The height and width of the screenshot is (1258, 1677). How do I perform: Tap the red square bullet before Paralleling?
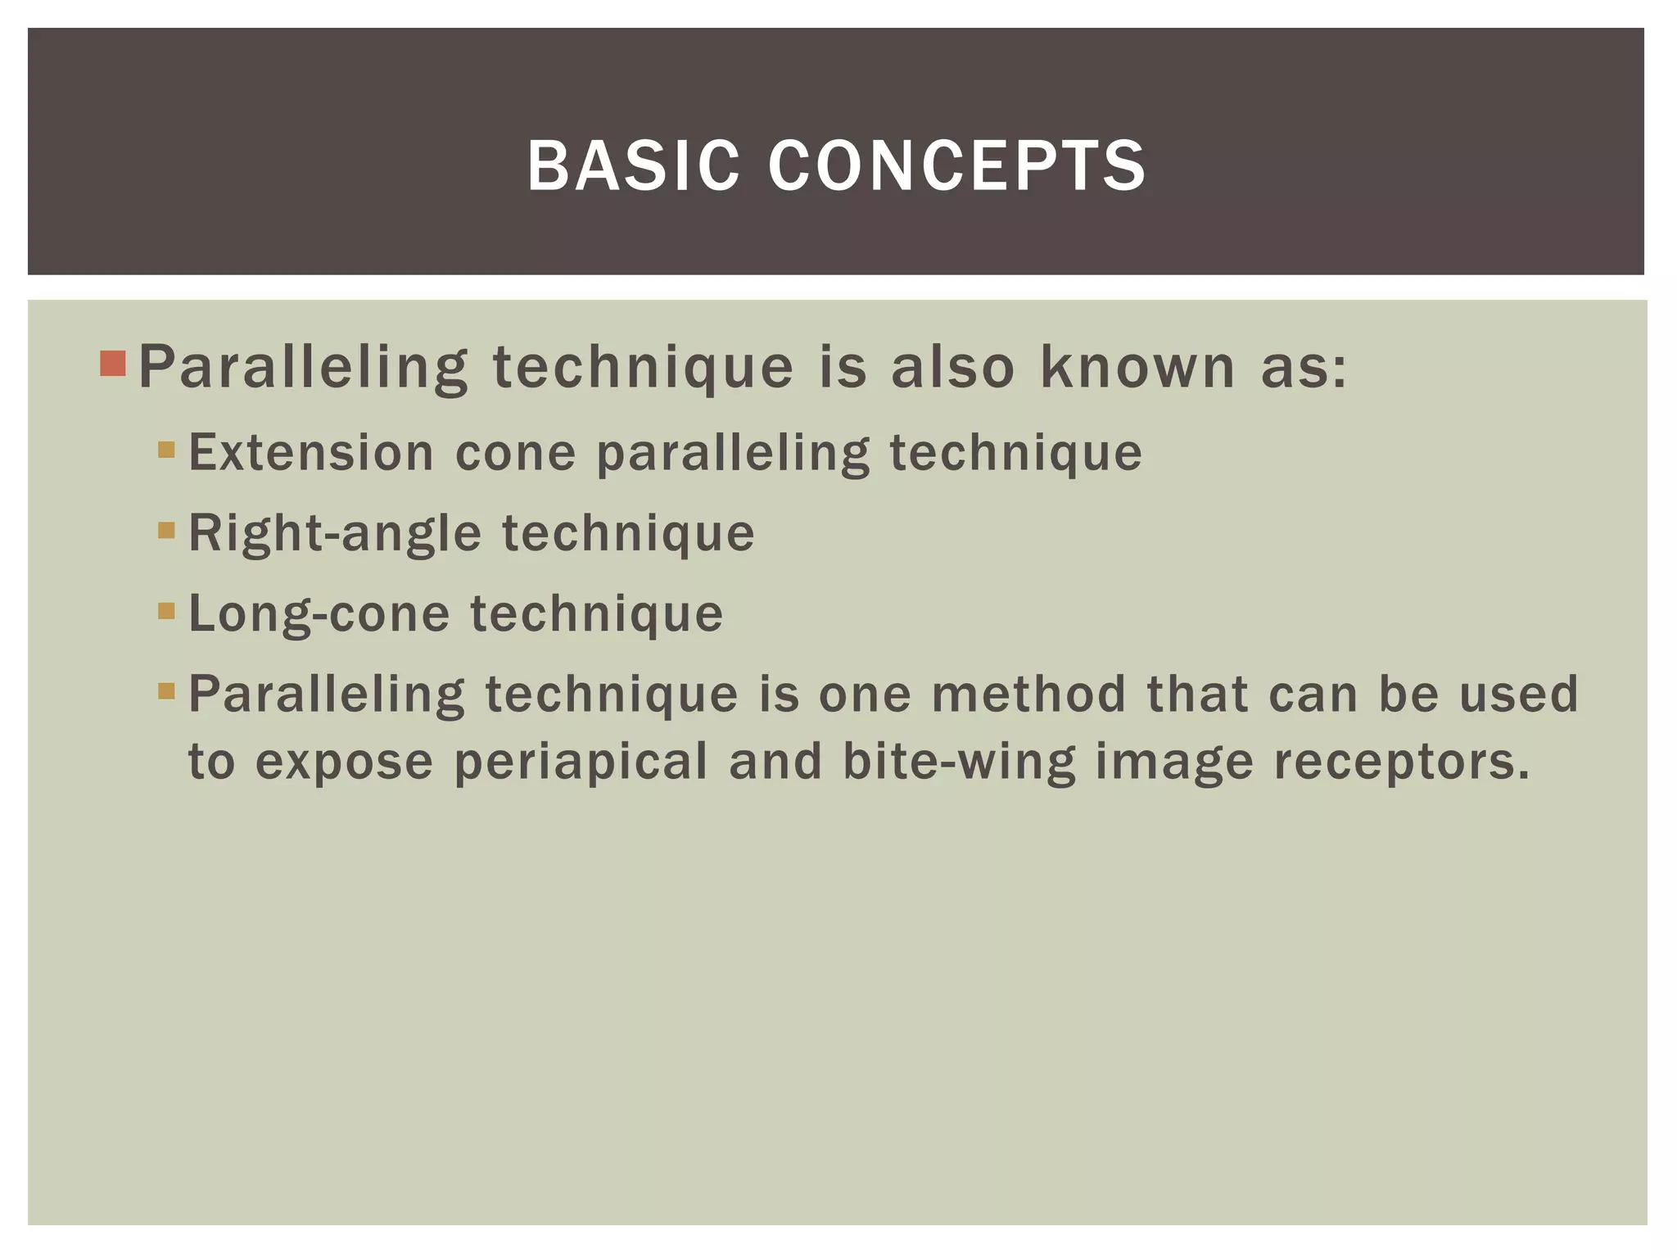coord(113,363)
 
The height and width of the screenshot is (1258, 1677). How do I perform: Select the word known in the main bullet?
coord(1137,366)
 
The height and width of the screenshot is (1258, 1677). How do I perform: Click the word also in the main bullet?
coord(952,366)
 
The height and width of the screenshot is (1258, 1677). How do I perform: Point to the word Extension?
coord(311,452)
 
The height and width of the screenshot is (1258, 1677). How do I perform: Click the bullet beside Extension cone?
coord(166,450)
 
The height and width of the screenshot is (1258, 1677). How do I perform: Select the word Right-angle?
coord(335,534)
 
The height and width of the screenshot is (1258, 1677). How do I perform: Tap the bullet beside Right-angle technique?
coord(166,530)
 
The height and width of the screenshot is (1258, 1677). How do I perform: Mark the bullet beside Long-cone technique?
coord(166,610)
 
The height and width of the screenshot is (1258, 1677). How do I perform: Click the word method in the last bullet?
coord(1028,694)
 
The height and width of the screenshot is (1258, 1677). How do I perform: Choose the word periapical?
coord(581,762)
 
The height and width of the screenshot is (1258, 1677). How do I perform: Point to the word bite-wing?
coord(959,762)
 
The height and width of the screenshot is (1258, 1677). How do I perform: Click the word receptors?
coord(1401,762)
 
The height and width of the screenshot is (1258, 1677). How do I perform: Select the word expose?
coord(344,762)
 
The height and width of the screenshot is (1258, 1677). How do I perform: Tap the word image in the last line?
coord(1174,762)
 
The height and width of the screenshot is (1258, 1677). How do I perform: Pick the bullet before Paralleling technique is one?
coord(166,690)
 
